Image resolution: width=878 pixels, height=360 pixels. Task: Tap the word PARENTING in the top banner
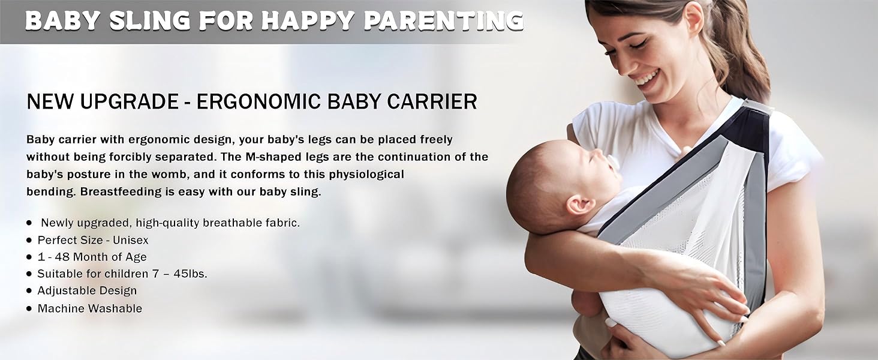443,20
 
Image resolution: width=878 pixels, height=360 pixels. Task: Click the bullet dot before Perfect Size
29,240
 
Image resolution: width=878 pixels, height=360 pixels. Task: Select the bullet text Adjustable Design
87,291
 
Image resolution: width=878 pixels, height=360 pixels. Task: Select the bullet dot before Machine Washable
29,309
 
